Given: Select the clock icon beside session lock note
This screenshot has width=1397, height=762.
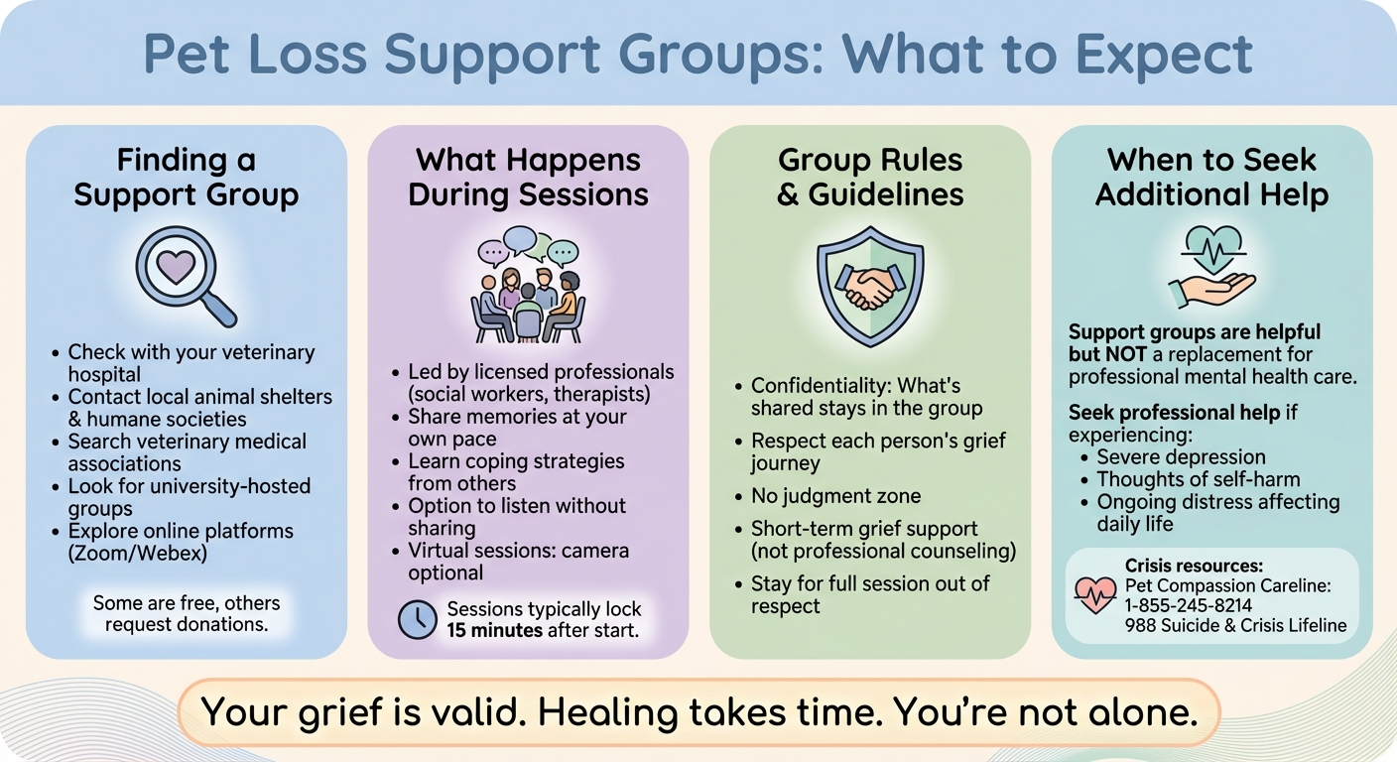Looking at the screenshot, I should (418, 619).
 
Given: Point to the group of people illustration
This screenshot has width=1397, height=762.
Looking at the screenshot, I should (528, 286).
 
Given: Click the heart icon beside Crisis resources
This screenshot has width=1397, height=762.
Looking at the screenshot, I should (1095, 593).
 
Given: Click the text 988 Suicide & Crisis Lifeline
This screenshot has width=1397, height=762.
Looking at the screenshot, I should (1235, 625).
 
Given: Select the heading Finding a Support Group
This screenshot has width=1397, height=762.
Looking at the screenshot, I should (186, 177).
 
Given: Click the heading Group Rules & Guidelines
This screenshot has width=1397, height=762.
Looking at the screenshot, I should (870, 177).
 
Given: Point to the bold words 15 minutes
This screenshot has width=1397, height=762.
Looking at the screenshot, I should (494, 629).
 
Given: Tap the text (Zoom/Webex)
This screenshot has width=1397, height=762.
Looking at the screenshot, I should (138, 554).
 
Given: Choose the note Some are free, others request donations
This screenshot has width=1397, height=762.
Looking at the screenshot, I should (187, 613).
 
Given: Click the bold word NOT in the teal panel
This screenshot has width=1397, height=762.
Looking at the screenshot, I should (1127, 354).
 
